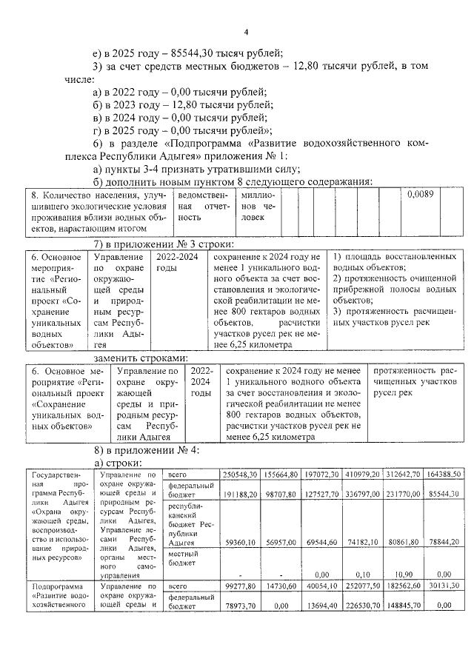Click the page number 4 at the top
[245, 32]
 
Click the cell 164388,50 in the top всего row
[444, 474]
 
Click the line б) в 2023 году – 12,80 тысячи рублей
[178, 105]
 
